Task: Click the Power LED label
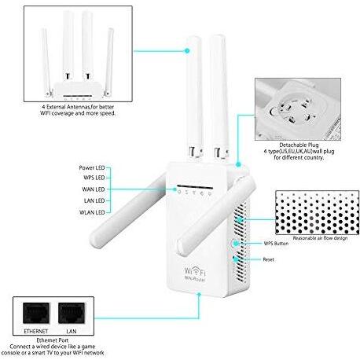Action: (x=92, y=167)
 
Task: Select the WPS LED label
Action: (x=94, y=178)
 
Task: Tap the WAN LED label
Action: (x=94, y=189)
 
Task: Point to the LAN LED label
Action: (x=94, y=200)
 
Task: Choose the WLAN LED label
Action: (x=92, y=212)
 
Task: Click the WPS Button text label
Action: (x=276, y=244)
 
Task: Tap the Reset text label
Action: (x=268, y=259)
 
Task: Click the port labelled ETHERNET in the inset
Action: (x=36, y=313)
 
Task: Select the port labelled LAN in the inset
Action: (x=72, y=313)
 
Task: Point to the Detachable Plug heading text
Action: (x=299, y=145)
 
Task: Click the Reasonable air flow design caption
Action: (x=320, y=238)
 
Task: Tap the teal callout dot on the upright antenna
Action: (x=187, y=51)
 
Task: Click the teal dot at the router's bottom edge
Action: (x=199, y=295)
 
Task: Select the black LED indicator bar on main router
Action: (x=195, y=187)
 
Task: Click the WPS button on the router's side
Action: (x=235, y=244)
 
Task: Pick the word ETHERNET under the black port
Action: (x=36, y=331)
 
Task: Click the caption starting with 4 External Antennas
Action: (x=78, y=110)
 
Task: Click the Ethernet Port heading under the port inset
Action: (x=53, y=340)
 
